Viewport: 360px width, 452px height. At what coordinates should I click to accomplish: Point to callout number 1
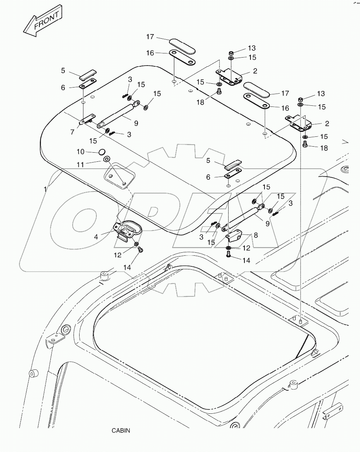tap(45, 188)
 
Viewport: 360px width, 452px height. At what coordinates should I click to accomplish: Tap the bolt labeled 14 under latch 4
tap(140, 250)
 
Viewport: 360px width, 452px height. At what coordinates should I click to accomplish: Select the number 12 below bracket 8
tap(246, 248)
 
